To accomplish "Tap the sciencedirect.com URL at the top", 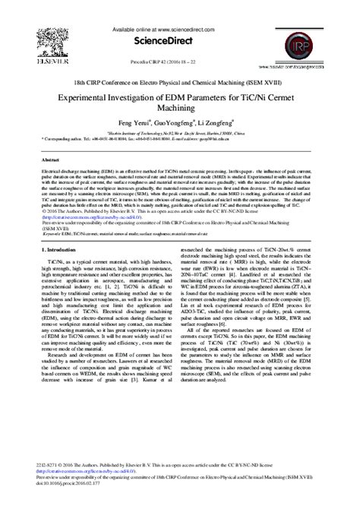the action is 180,29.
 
